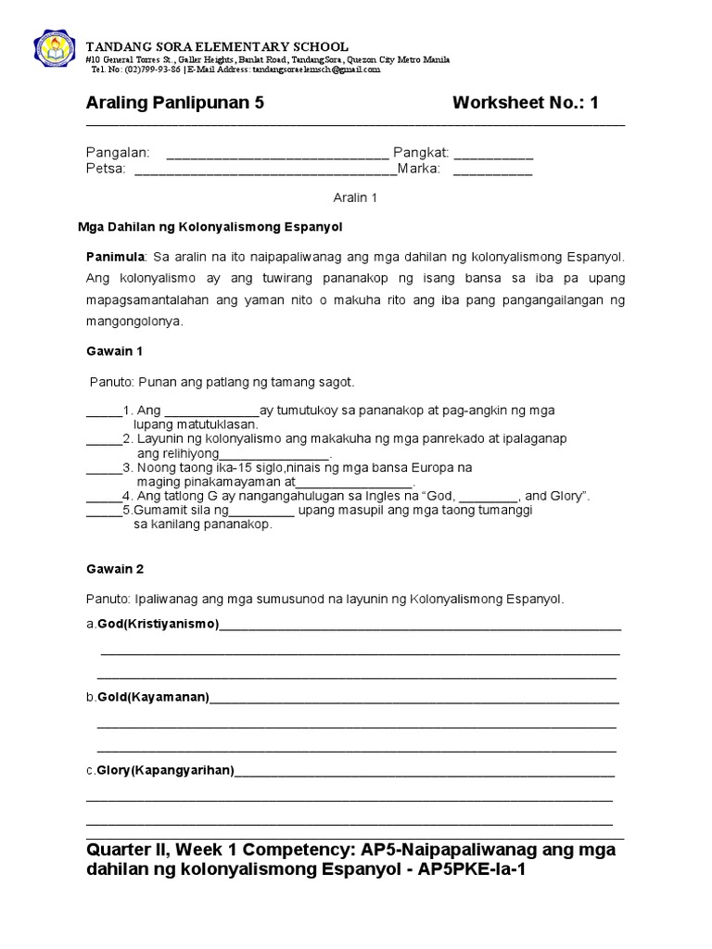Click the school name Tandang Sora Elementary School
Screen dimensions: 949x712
click(217, 46)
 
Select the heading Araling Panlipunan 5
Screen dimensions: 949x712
click(175, 103)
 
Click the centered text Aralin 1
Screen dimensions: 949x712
click(355, 197)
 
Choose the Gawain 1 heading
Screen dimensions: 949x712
click(114, 351)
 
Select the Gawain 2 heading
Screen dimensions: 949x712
click(114, 569)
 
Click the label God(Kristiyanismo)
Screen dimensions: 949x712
click(158, 625)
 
